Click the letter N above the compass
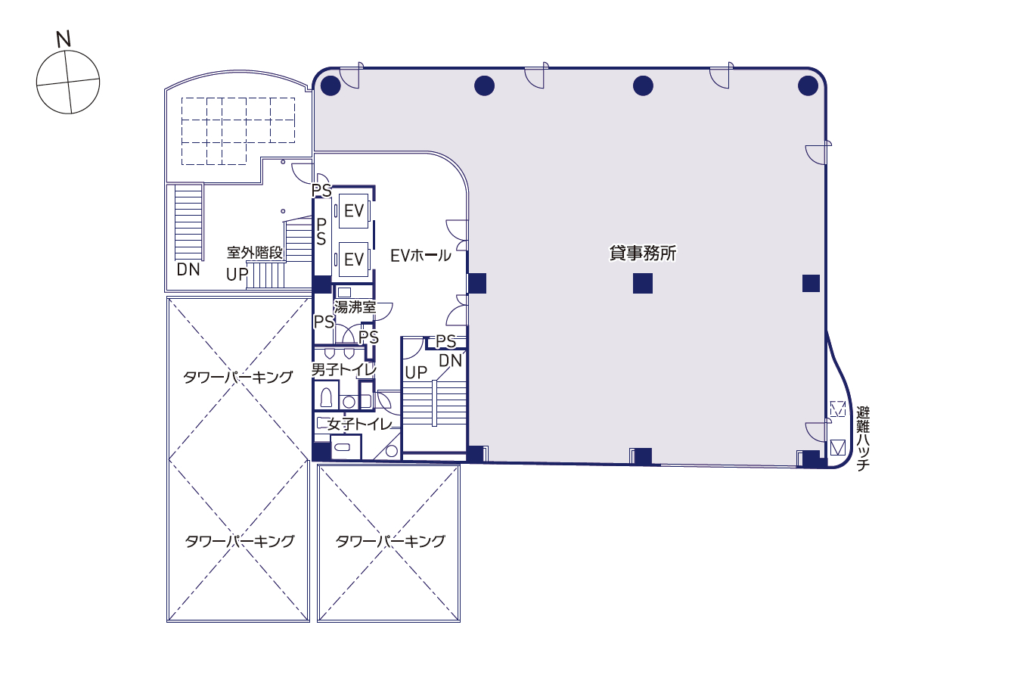click(x=64, y=39)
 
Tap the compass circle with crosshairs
click(x=68, y=82)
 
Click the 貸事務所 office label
click(x=642, y=253)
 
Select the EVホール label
click(x=421, y=256)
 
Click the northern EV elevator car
click(x=353, y=210)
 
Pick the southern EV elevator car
click(x=353, y=260)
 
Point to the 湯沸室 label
click(x=355, y=307)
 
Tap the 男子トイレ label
click(x=343, y=369)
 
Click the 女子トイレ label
click(x=360, y=424)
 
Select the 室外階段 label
click(x=255, y=253)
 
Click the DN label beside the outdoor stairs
click(x=188, y=269)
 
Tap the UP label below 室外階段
click(x=237, y=275)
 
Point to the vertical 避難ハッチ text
click(x=863, y=439)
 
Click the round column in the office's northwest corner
click(x=331, y=86)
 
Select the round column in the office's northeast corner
click(x=808, y=86)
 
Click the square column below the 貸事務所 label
click(x=642, y=284)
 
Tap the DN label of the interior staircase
click(x=450, y=361)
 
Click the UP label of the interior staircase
click(x=416, y=372)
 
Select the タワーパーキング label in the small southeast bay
click(x=389, y=541)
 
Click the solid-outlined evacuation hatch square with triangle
click(x=837, y=447)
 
